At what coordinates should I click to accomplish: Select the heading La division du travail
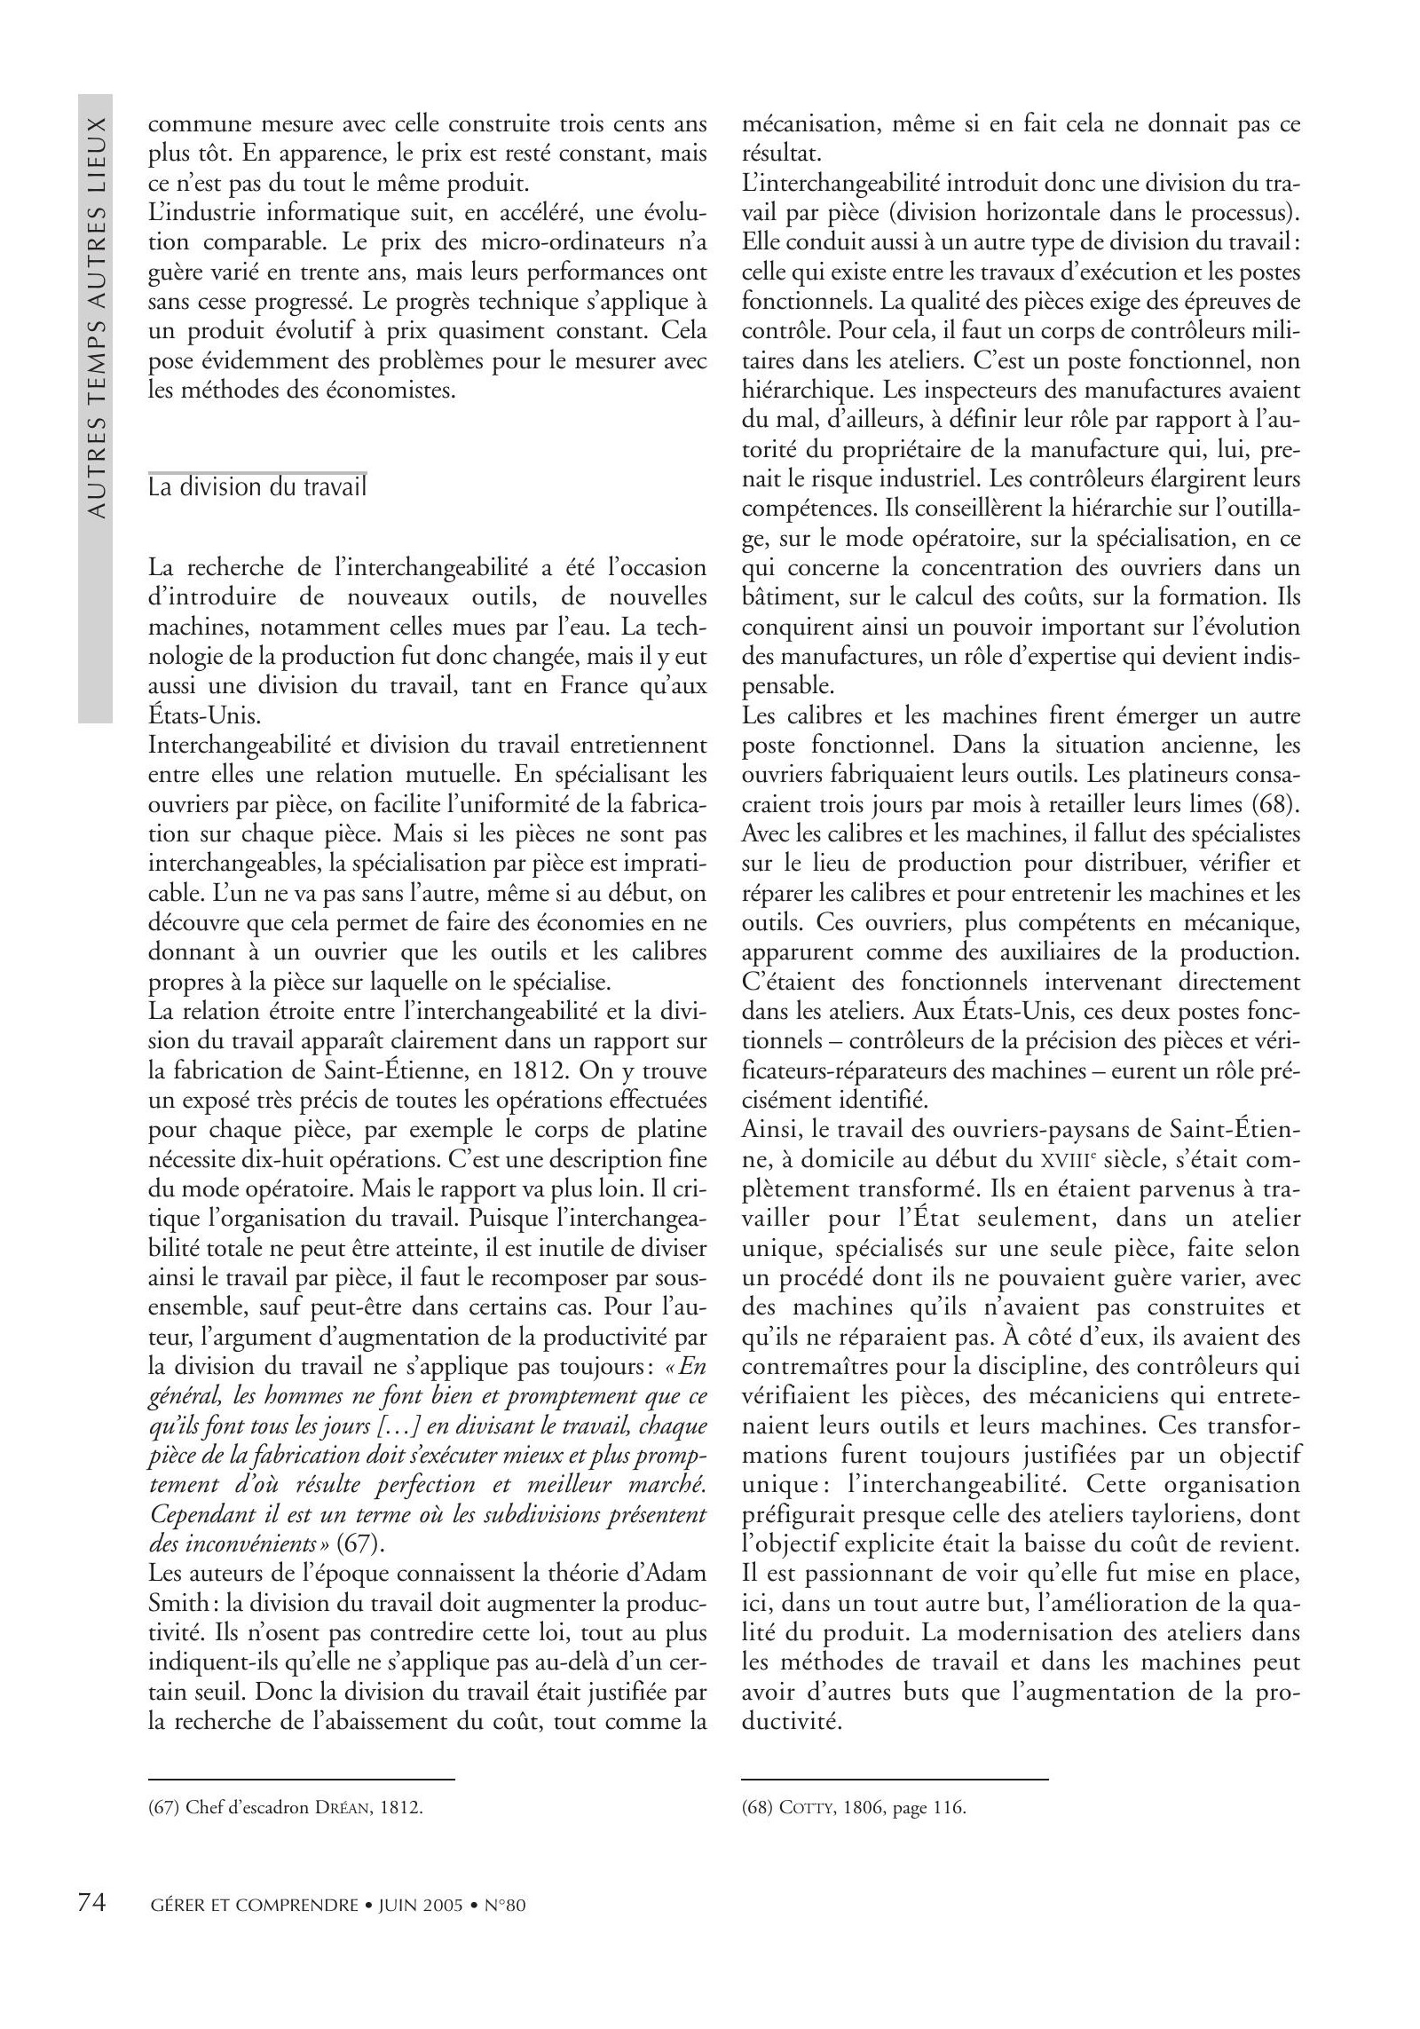coord(257,487)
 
